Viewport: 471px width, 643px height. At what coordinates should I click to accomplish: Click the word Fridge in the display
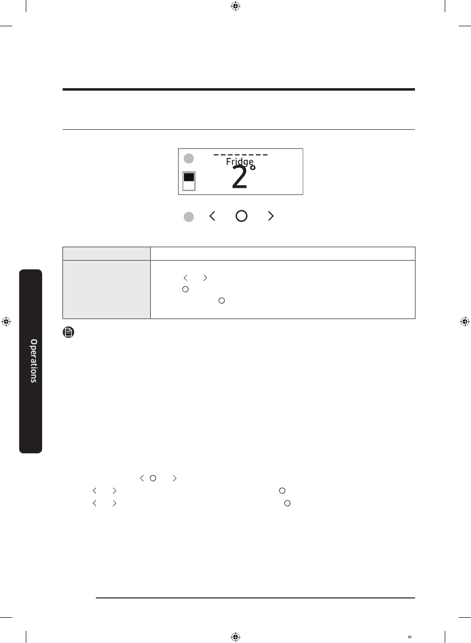coord(239,161)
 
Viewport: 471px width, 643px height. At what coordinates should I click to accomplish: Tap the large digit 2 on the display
coord(239,177)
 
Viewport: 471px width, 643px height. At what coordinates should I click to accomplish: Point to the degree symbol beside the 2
coord(252,167)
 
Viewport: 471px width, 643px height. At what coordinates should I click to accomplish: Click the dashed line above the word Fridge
coord(240,155)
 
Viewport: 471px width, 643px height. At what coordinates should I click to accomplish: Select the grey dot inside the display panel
coord(189,159)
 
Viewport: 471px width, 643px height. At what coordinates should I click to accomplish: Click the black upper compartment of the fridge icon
coord(189,177)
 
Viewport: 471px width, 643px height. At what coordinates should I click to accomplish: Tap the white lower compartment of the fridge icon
coord(189,185)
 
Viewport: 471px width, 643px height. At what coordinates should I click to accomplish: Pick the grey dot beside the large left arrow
coord(189,216)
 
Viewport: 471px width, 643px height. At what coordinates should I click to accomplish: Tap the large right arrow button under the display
coord(271,216)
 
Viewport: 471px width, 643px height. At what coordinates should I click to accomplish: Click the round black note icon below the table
coord(68,332)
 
